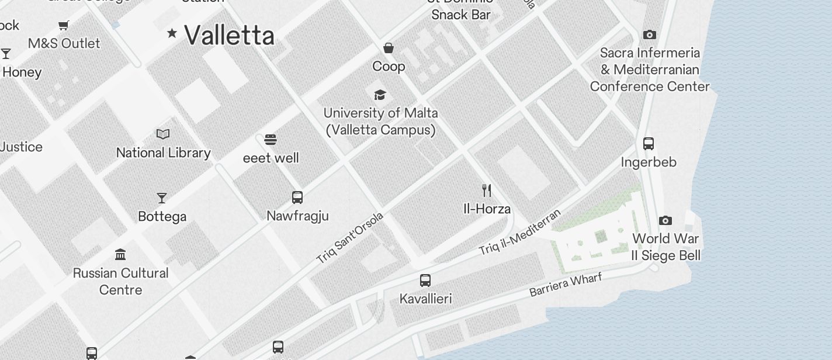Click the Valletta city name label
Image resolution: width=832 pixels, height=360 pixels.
click(229, 36)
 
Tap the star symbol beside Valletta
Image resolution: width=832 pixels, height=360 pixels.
click(172, 33)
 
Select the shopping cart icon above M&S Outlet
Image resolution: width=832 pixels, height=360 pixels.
click(64, 25)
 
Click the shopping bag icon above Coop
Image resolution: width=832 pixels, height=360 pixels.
click(389, 48)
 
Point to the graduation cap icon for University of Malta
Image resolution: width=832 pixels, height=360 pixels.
click(380, 95)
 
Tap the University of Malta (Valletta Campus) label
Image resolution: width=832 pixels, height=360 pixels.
click(381, 121)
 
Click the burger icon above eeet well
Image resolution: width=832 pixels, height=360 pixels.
click(270, 140)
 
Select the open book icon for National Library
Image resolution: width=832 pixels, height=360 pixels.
click(163, 134)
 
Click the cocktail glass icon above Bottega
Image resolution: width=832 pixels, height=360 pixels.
click(162, 198)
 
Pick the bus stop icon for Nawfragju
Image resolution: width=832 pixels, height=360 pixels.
click(297, 197)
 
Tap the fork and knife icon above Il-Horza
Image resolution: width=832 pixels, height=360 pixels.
click(486, 190)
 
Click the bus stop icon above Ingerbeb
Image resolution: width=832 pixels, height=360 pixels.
click(649, 143)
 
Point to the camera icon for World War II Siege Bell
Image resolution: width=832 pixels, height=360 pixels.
click(665, 220)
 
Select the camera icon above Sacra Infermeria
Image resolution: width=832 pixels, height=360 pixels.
click(649, 35)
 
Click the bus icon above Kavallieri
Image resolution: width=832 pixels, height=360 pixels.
click(425, 281)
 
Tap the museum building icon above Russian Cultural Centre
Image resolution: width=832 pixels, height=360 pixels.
click(120, 254)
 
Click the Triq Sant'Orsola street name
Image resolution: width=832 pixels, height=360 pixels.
click(350, 237)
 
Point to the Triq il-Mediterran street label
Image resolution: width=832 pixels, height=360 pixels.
click(520, 232)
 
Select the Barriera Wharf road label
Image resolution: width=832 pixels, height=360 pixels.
click(565, 285)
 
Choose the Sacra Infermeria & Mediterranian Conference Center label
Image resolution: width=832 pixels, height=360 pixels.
click(650, 70)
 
